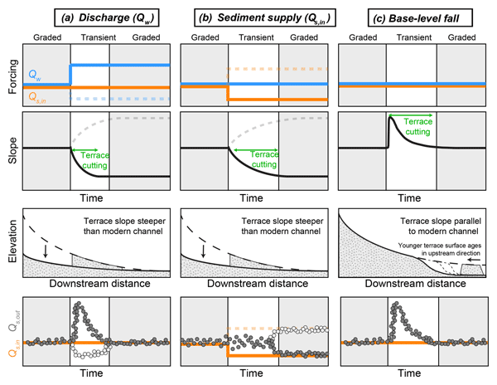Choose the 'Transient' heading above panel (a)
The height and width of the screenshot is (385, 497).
click(x=96, y=37)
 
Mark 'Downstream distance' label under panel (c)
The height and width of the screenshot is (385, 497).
click(x=412, y=282)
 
